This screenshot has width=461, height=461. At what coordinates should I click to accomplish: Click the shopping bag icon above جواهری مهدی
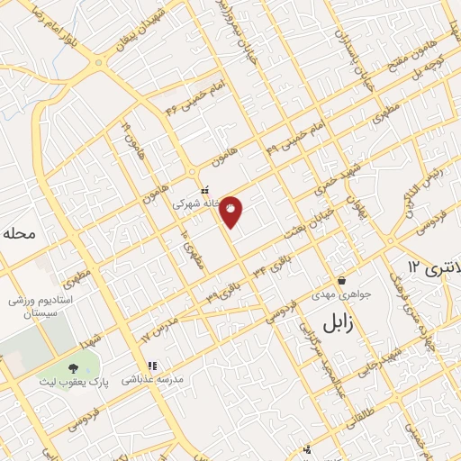[341, 279]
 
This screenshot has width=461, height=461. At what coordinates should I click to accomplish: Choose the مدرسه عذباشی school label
[151, 380]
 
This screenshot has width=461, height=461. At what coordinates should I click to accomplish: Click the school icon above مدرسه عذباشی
[152, 366]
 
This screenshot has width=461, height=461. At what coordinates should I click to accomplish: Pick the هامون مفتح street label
[400, 63]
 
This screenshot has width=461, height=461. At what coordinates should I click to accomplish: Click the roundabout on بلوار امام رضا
[98, 63]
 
